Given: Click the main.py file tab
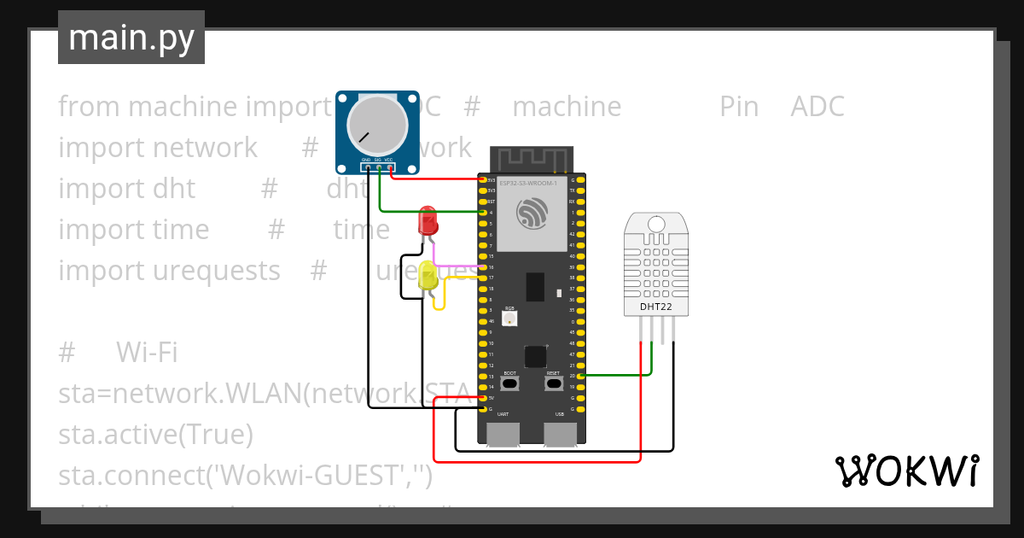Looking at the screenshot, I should (131, 38).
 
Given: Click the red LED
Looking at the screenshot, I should (428, 221).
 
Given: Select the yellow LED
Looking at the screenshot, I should (428, 275).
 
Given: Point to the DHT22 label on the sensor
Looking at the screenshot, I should (656, 307).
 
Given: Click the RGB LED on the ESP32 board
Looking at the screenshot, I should (509, 318).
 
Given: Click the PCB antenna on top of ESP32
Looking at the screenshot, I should (531, 159).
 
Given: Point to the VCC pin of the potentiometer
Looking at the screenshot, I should (391, 167).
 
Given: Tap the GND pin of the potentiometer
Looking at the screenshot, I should (367, 167).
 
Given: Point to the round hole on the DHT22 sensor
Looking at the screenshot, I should (656, 224).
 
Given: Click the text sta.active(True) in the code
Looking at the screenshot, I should (155, 435).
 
